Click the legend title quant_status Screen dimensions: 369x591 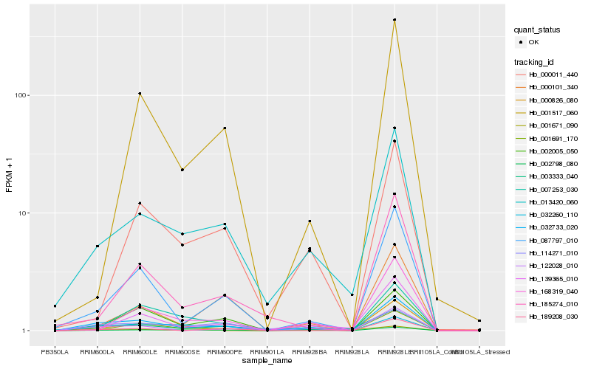tap(539, 30)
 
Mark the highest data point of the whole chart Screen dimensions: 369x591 tap(394, 20)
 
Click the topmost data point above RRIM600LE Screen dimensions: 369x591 tap(140, 94)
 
